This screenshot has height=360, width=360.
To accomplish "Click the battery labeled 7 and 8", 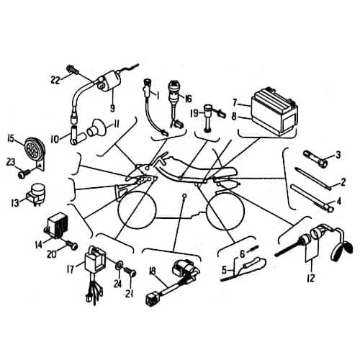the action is (x=274, y=112).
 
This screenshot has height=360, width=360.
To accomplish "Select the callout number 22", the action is (x=55, y=80).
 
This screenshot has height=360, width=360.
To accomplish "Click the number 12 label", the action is (x=311, y=278).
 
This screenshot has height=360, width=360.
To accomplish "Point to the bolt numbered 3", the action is (x=315, y=158).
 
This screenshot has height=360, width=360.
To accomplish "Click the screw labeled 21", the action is (x=130, y=272).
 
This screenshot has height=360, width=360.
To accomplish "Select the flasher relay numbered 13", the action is (x=37, y=193).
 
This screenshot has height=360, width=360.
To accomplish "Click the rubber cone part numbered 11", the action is (x=96, y=129).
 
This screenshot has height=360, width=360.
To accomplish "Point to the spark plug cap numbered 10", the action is (x=77, y=135).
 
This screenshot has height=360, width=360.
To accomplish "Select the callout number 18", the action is (x=153, y=271).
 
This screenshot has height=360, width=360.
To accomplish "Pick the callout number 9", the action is (x=112, y=108).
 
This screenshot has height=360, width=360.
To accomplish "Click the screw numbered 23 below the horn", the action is (x=24, y=174).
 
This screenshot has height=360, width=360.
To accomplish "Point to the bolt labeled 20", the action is (x=71, y=246).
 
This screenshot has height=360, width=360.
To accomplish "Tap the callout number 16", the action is (x=188, y=99).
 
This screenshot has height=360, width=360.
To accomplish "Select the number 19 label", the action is (x=194, y=113).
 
